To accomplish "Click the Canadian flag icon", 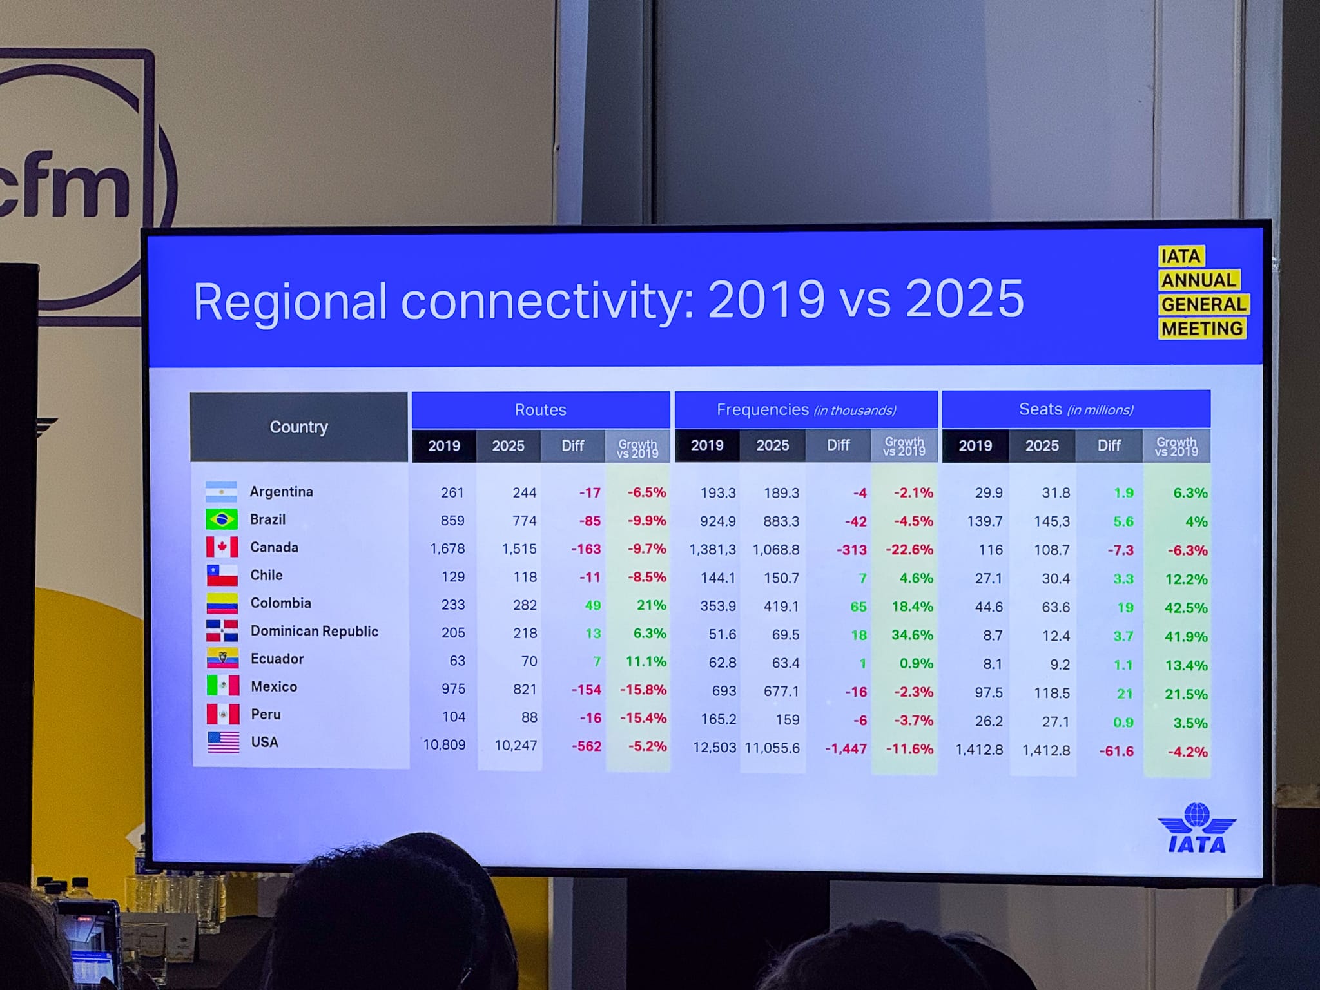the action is pos(222,547).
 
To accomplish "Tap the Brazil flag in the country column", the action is pos(222,519).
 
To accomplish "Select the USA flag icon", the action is pos(224,742).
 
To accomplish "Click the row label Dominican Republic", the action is pos(315,631).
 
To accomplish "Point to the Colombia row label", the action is pos(280,603).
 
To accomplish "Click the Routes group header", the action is pos(541,410).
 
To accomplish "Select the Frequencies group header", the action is pos(806,410).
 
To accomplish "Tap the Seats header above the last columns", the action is pos(1076,409).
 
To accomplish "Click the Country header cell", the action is pos(299,427).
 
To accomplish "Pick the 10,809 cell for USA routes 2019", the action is pos(444,745).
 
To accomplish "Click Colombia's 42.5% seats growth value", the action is pos(1186,608).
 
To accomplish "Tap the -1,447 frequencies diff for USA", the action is pos(846,749).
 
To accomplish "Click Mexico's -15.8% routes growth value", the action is pos(643,690).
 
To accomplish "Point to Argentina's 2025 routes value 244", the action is pos(524,492).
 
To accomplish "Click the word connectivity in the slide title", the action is pos(547,301).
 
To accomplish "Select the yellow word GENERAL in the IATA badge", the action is pos(1203,304).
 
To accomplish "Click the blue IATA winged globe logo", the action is pos(1197,828).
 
